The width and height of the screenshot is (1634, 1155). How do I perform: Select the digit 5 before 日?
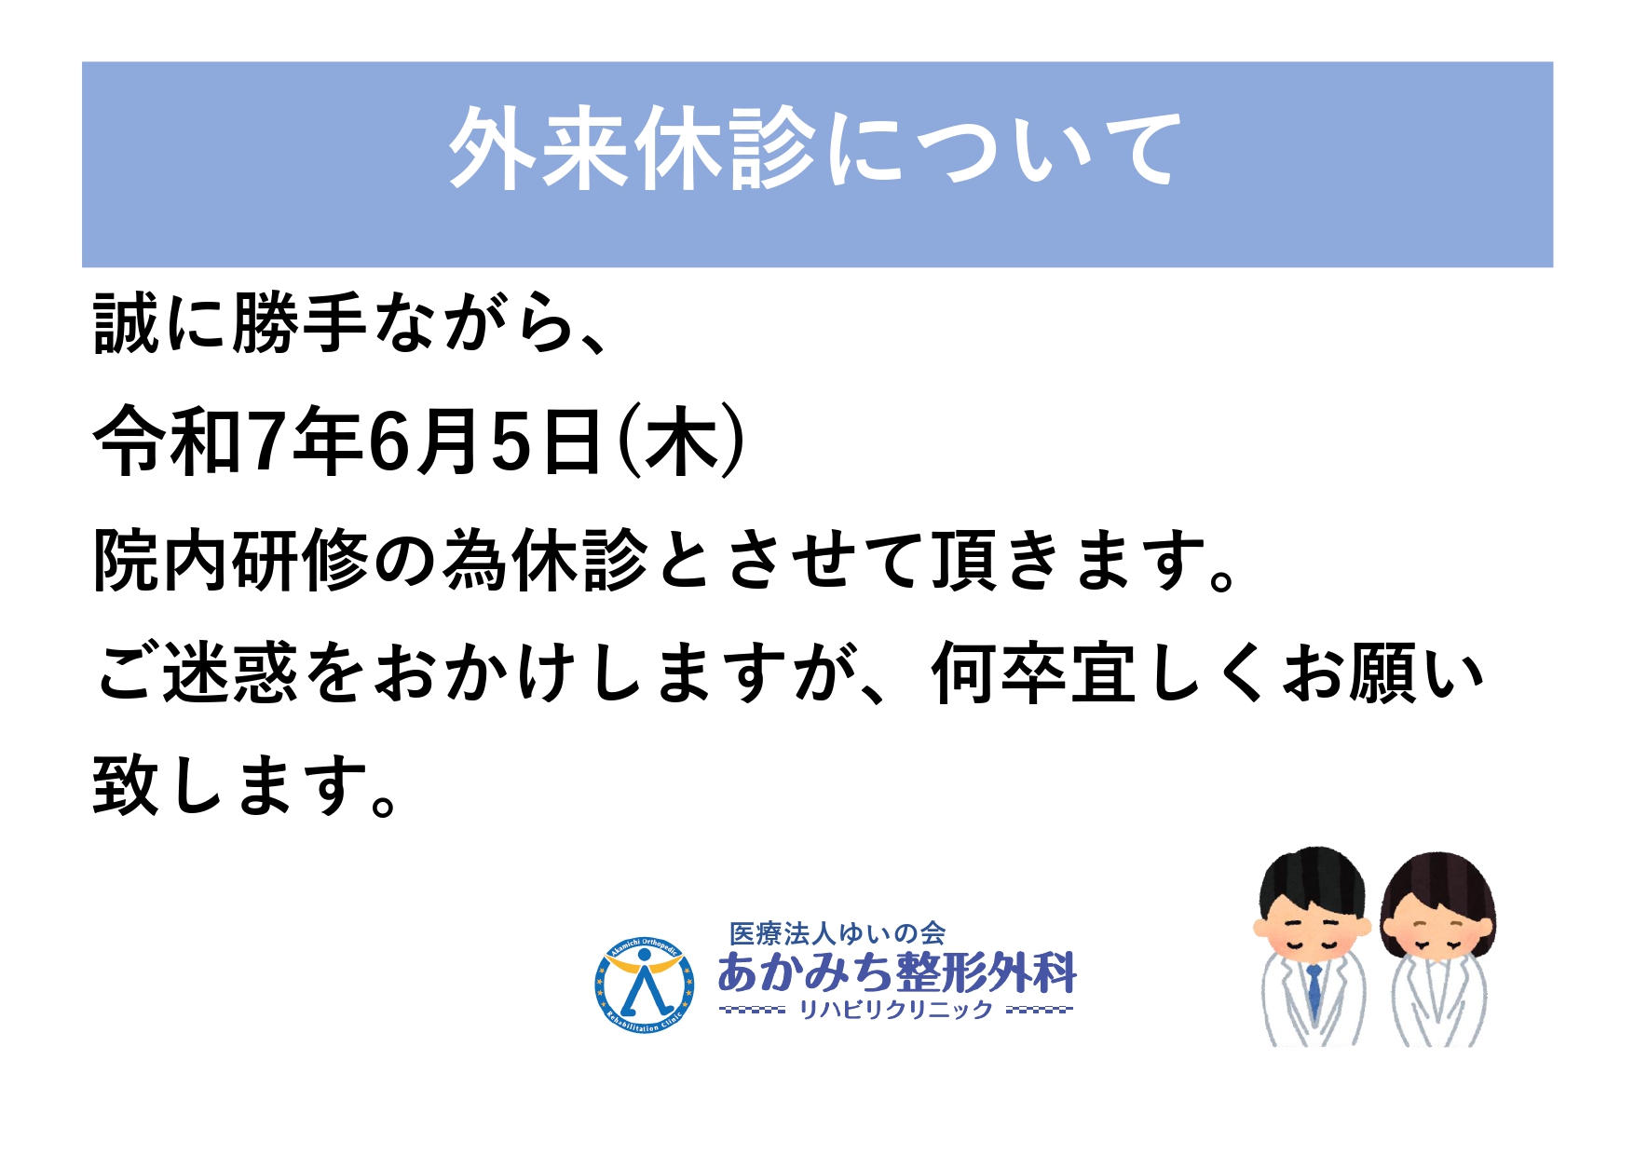511,442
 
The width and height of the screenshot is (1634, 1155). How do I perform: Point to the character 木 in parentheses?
683,442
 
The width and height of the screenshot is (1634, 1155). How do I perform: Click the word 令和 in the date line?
169,442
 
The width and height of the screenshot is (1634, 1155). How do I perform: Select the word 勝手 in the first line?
298,323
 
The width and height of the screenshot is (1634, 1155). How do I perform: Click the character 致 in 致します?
127,785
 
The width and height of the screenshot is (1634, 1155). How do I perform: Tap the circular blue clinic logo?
644,985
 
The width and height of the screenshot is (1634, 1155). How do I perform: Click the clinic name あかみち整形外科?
897,972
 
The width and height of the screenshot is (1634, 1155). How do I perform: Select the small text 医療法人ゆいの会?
837,932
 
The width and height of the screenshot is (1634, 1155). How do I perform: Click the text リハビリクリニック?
896,1009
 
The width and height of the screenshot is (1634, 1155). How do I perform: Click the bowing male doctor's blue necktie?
1314,990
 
